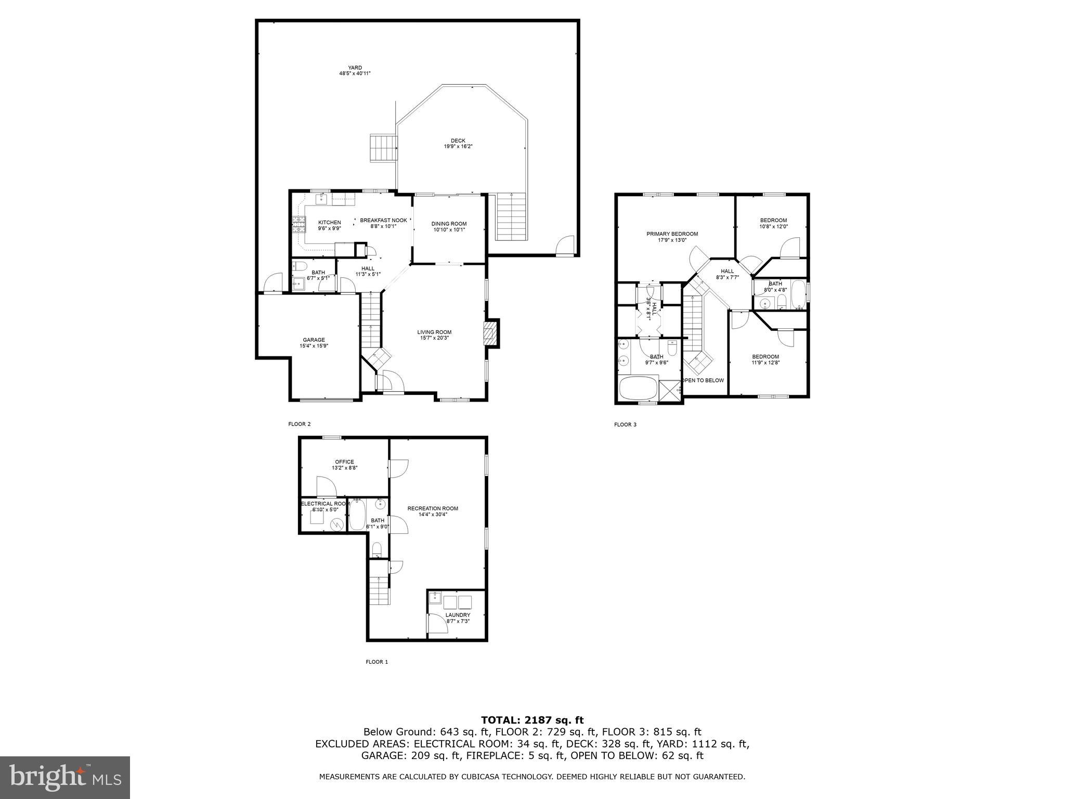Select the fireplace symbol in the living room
coord(490,333)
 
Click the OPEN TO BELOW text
coord(703,380)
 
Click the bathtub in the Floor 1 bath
coord(357,515)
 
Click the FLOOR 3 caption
coord(625,424)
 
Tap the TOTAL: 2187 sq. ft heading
coord(532,720)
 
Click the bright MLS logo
coord(65,778)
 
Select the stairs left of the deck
coord(383,148)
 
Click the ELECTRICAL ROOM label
coord(324,504)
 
